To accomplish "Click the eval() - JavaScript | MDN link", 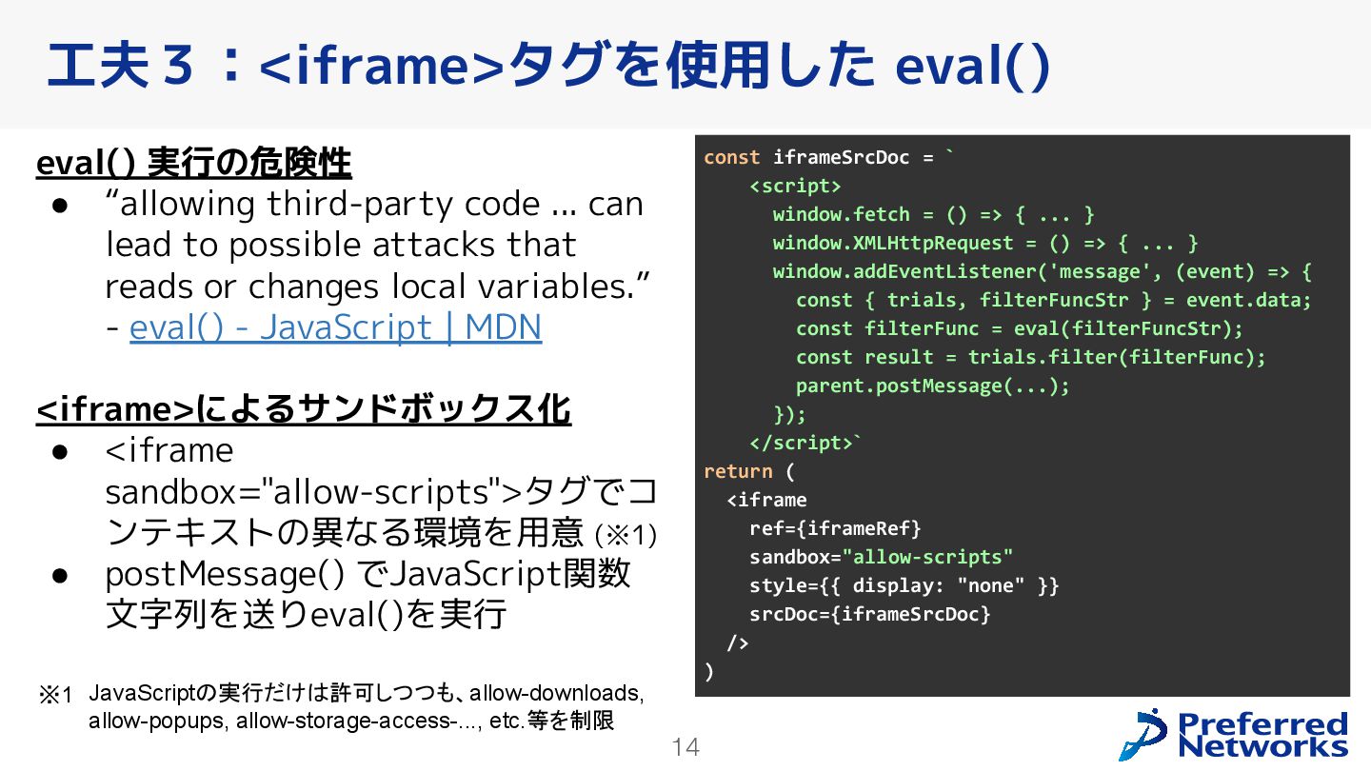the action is point(335,327).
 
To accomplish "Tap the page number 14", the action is point(685,748).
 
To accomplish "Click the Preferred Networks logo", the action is point(1234,735).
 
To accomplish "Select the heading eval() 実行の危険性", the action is point(193,164).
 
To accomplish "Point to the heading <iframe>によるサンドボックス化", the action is point(304,409).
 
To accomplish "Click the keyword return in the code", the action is point(738,471).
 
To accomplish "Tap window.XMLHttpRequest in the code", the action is point(892,243).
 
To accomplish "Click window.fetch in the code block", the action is point(841,214).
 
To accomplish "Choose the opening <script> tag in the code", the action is point(795,186).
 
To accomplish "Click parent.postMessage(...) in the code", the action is point(932,385).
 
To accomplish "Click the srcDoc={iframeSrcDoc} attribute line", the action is point(869,614).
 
